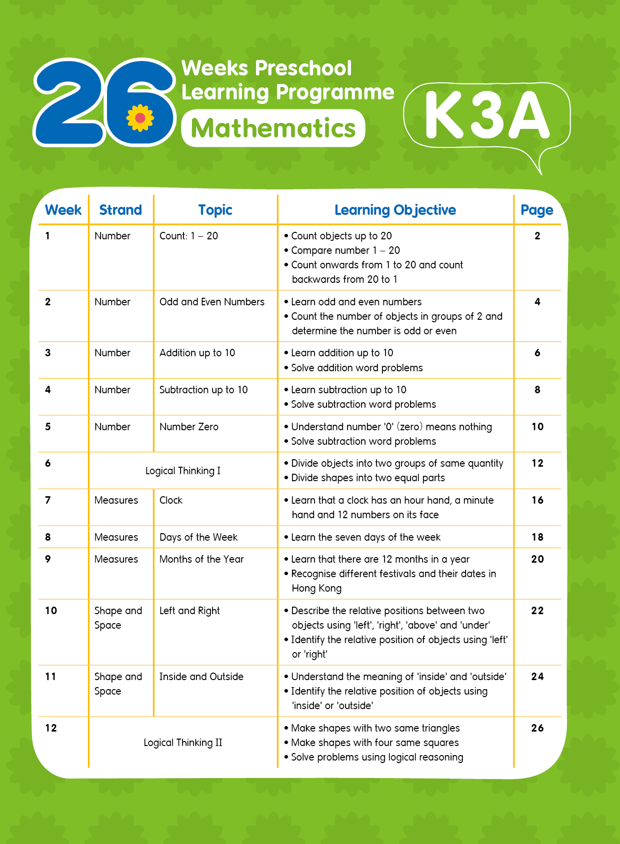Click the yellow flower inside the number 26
140,118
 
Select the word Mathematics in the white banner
273,128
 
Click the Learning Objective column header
395,210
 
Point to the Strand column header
120,210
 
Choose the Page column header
536,210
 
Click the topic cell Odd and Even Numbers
211,302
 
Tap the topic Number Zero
188,427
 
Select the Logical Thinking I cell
182,471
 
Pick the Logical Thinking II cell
182,743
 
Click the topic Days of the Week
198,537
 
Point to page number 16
537,500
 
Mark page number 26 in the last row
537,728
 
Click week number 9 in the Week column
48,559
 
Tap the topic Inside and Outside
201,677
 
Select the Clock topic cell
170,500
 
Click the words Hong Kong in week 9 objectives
316,588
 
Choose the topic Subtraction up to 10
203,390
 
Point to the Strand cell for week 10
118,618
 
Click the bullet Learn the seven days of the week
365,537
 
